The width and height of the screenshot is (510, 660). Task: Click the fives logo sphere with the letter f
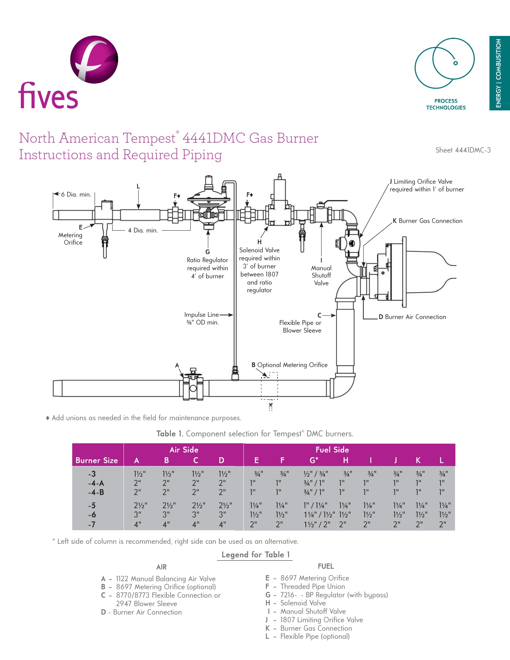click(94, 59)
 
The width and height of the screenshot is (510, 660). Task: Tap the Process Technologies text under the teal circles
click(446, 104)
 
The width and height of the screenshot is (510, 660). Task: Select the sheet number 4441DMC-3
click(463, 150)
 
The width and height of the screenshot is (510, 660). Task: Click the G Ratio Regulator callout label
click(208, 264)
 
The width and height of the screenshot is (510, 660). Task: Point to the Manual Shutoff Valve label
click(321, 275)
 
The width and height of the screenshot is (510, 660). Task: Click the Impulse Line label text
click(202, 318)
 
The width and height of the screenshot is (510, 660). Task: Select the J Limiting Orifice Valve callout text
click(426, 186)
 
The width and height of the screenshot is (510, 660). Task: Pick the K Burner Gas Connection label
click(428, 221)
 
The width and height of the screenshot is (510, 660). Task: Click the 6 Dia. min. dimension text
click(76, 194)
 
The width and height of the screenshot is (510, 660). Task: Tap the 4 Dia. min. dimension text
click(143, 230)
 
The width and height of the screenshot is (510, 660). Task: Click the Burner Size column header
click(96, 460)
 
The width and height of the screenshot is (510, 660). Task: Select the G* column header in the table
click(314, 460)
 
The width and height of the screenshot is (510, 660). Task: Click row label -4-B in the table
click(96, 492)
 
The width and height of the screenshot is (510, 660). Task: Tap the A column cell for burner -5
click(140, 505)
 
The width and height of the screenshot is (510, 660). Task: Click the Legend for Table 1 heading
click(256, 554)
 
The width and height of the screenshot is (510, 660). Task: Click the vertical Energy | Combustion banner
click(499, 73)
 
